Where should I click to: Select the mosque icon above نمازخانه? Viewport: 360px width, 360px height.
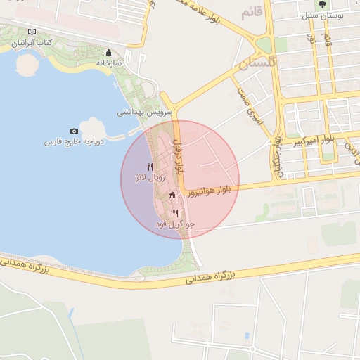108,53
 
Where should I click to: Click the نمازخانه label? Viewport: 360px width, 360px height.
108,63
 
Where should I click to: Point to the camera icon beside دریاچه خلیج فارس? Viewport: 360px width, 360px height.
75,131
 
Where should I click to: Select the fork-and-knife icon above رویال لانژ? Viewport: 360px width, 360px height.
150,166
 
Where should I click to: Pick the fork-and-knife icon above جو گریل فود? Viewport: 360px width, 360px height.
175,212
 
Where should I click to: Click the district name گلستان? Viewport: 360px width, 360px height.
255,65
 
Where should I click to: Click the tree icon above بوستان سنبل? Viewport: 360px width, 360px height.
321,6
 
